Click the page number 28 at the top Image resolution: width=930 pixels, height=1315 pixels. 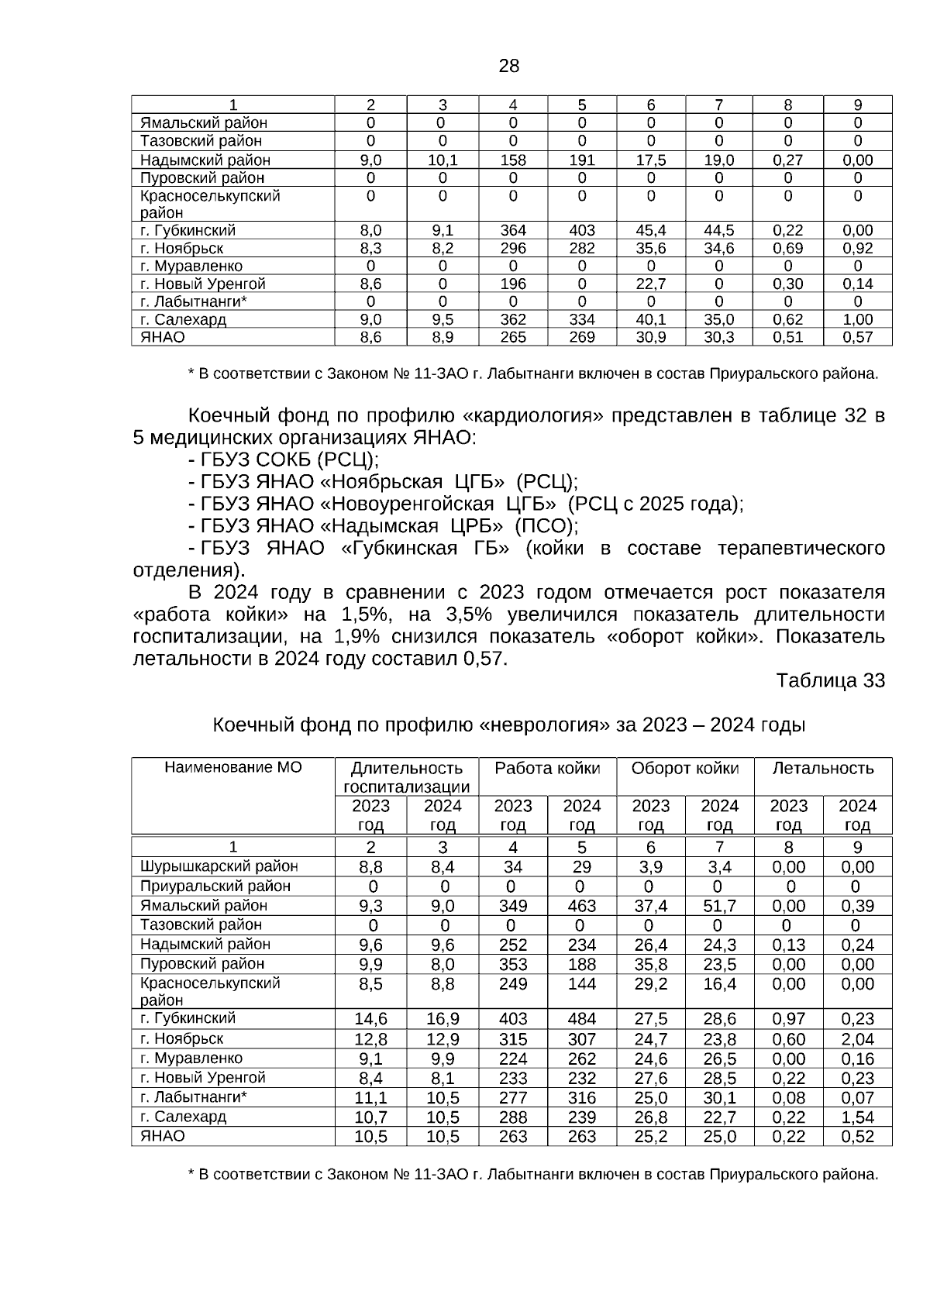click(508, 66)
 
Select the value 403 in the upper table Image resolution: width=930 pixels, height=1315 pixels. click(581, 230)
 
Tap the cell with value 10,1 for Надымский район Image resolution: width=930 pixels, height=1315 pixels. click(442, 160)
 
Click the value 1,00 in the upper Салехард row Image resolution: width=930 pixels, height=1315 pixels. click(857, 319)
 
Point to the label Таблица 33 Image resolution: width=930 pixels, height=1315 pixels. click(830, 680)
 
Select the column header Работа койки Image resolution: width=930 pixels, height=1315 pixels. click(547, 768)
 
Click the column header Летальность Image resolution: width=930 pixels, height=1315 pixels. click(822, 768)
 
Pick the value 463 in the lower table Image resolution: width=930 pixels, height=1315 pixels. click(581, 906)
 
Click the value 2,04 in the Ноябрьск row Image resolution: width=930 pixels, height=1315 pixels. click(857, 1039)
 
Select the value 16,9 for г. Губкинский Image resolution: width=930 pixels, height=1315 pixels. click(442, 1018)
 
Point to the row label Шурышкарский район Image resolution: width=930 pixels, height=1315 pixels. click(219, 866)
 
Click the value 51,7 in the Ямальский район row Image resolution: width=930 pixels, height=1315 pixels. click(719, 906)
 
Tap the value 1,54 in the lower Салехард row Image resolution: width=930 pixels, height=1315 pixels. click(857, 1117)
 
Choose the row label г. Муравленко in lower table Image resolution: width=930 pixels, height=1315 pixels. click(191, 1059)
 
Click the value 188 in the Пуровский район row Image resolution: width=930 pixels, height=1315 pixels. click(581, 965)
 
